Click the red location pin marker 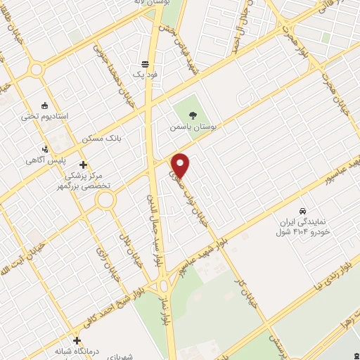(181, 165)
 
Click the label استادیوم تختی (46, 115)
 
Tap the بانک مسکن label (102, 139)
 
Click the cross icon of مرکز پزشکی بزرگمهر (83, 165)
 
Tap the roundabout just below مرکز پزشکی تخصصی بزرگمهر (106, 201)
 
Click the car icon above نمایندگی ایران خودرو (302, 210)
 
